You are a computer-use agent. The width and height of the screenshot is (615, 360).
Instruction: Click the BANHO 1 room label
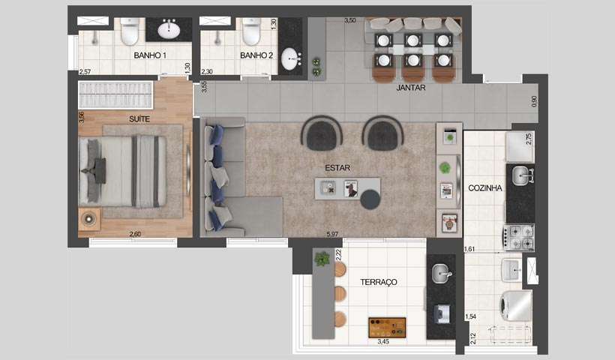(150, 56)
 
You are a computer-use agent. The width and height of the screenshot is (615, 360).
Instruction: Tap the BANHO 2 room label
(256, 56)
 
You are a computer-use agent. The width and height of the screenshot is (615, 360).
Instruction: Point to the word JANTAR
(411, 88)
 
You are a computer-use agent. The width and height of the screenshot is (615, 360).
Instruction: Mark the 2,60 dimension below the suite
(135, 235)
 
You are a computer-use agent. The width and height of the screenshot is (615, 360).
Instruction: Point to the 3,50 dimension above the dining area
(350, 20)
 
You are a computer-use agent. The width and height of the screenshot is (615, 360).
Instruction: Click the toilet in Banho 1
(130, 31)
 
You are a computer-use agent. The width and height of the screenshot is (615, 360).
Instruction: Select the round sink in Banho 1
(169, 30)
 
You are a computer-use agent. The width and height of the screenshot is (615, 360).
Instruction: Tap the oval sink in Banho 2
(290, 58)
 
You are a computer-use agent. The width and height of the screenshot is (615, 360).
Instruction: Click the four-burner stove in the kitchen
(519, 237)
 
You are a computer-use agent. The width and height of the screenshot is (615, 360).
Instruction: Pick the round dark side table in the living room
(370, 199)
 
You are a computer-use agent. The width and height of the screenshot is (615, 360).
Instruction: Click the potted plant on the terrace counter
(322, 259)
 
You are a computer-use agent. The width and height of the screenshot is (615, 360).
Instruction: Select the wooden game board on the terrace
(387, 328)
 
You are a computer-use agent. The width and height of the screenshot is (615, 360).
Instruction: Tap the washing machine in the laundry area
(515, 306)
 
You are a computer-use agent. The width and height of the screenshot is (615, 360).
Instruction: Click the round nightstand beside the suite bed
(89, 219)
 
